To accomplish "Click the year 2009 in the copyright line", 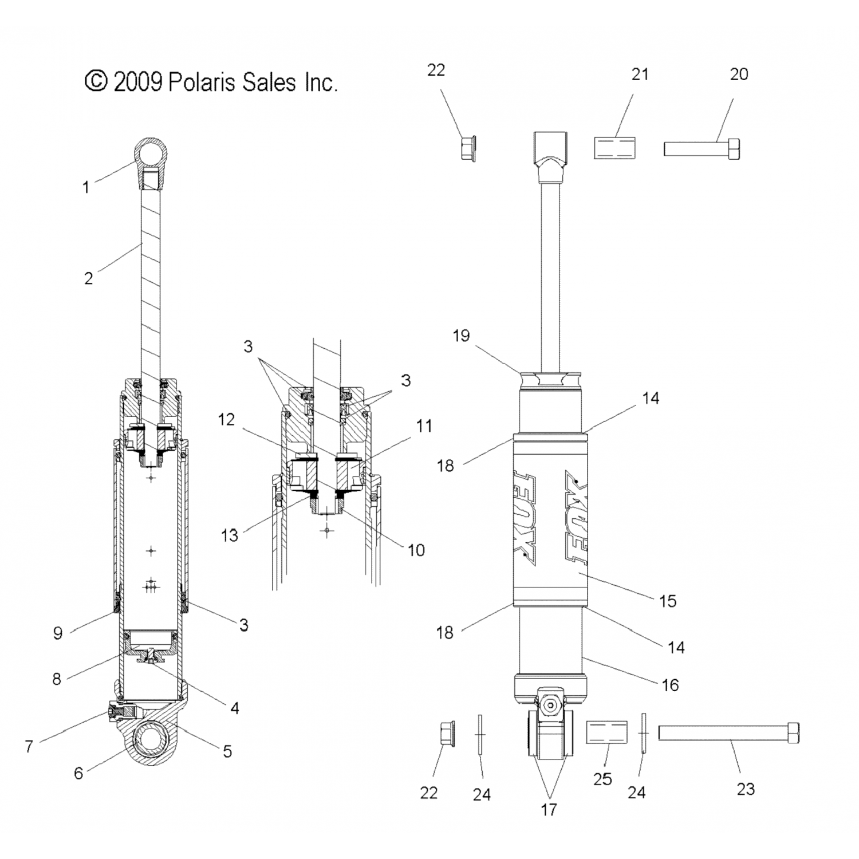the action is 137,82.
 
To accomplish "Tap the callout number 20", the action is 739,74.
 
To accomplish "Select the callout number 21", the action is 640,74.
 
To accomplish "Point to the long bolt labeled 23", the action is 728,732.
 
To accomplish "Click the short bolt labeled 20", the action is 702,148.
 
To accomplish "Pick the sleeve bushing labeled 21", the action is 616,148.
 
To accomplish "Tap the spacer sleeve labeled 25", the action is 606,732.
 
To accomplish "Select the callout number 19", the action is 461,336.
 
